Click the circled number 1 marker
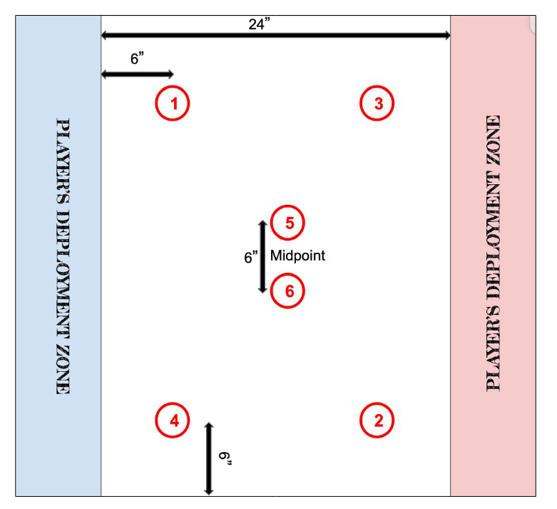click(x=173, y=104)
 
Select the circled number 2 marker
click(x=378, y=419)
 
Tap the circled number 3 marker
click(x=378, y=104)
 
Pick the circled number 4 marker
click(x=173, y=419)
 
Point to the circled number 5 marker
click(x=289, y=223)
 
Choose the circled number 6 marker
click(x=289, y=291)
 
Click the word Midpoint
click(x=297, y=256)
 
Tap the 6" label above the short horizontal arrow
click(x=138, y=60)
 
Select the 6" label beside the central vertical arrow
click(x=251, y=257)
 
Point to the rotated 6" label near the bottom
click(x=225, y=458)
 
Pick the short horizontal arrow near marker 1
click(x=138, y=74)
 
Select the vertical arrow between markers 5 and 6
click(x=262, y=256)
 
